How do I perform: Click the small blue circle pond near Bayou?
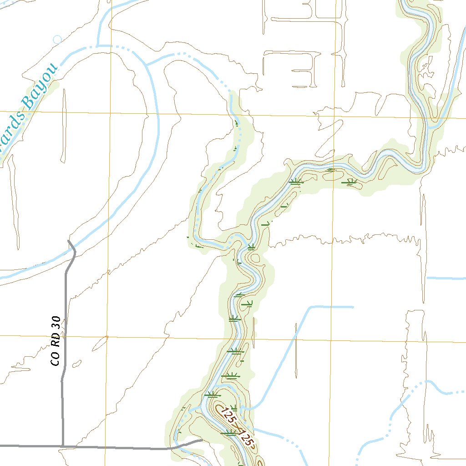click(x=57, y=40)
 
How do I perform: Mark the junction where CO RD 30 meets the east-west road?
click(x=62, y=446)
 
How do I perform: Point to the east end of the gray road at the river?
click(x=202, y=440)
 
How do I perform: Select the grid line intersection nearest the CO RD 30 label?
click(x=106, y=337)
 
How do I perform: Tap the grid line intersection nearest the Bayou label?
click(x=109, y=112)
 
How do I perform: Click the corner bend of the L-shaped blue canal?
click(x=311, y=308)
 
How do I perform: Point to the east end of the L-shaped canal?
click(x=353, y=307)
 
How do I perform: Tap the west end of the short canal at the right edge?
click(x=427, y=277)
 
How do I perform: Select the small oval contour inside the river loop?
click(x=255, y=259)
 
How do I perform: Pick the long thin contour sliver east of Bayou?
click(x=63, y=125)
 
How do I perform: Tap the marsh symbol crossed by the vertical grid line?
click(x=332, y=170)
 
